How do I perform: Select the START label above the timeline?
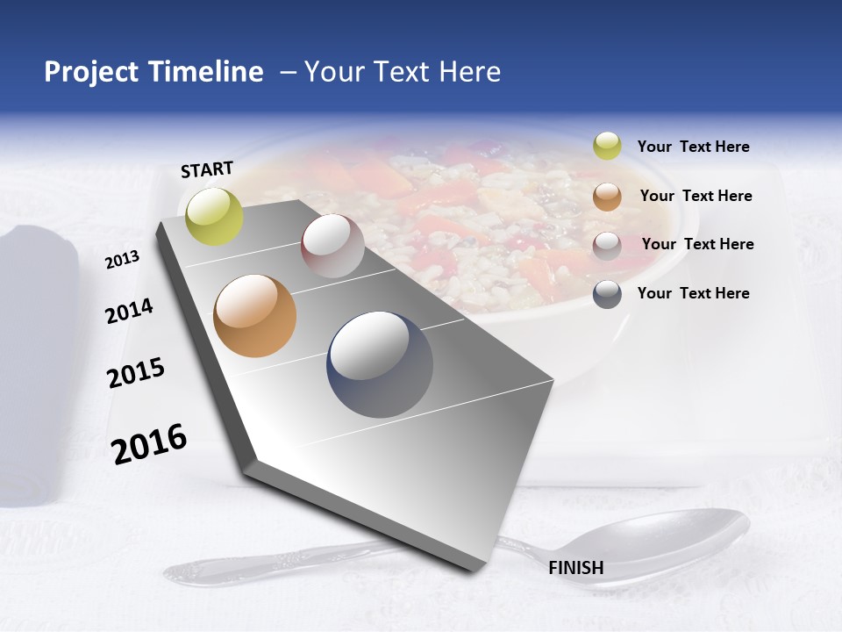coord(207,169)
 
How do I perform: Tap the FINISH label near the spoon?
coord(576,568)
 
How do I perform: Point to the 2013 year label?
coord(122,260)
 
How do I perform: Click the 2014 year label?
coord(129,311)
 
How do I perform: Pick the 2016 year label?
coord(149,443)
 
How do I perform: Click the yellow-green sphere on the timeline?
coord(215,216)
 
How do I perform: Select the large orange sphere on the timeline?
coord(255,316)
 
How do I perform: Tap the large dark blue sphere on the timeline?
coord(380,364)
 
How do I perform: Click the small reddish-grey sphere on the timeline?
coord(332,246)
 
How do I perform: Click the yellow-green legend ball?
coord(607,146)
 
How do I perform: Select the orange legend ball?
coord(607,197)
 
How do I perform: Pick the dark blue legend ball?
coord(607,294)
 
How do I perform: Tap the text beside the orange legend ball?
coord(696,196)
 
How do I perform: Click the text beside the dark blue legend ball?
coord(693,293)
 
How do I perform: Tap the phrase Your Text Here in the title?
coord(403,72)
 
